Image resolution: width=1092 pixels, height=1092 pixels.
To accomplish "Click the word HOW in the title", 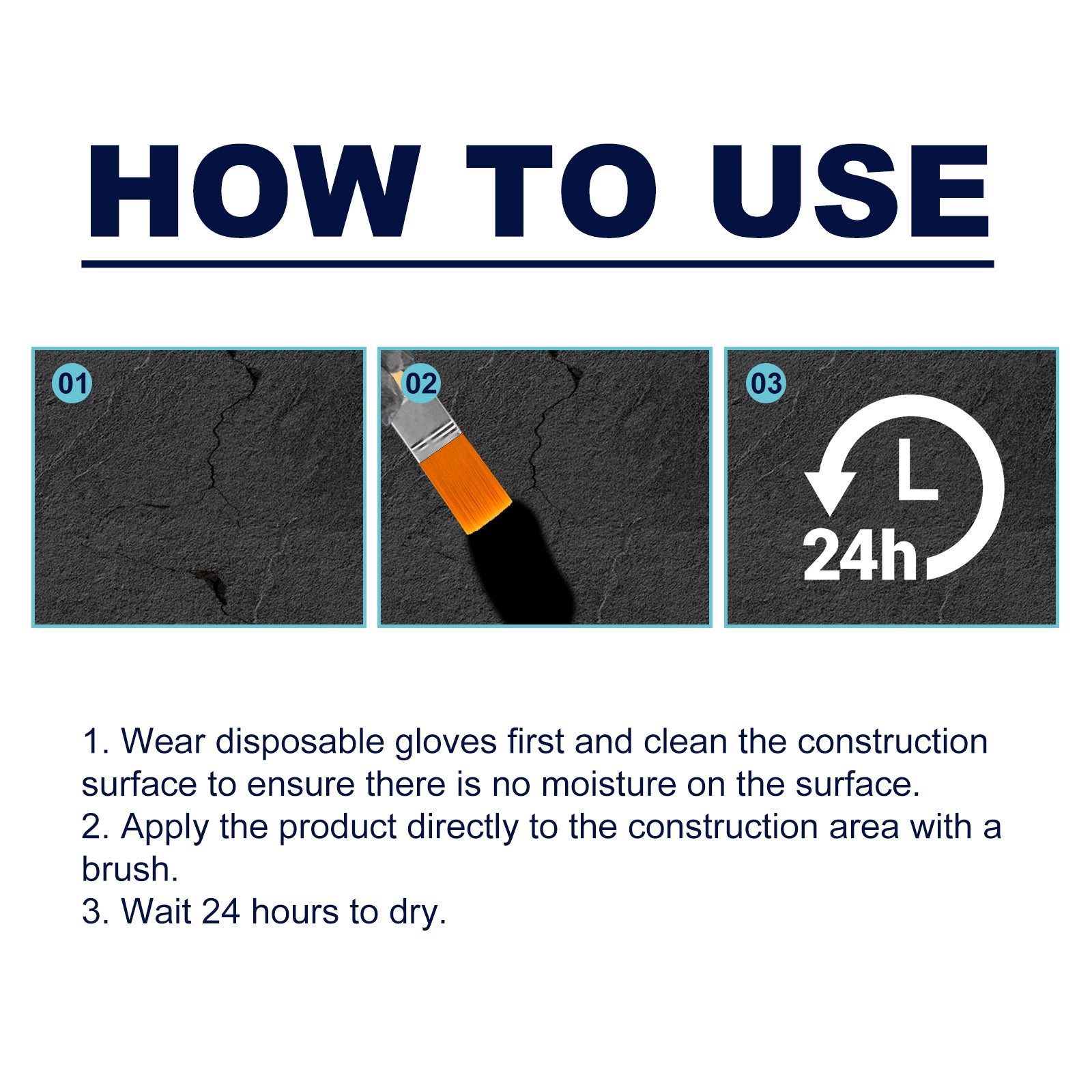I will pos(253,191).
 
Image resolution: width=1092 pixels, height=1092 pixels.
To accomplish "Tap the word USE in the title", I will pos(850,191).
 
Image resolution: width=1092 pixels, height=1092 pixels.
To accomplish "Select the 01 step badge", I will pos(72,384).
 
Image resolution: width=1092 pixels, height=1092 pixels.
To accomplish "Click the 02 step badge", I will pos(421,384).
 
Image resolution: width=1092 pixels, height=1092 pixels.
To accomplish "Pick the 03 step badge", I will pos(766,384).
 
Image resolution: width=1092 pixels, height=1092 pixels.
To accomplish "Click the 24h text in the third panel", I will pos(860,556).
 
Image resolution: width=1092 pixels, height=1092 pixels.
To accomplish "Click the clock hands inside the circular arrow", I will pos(915,471).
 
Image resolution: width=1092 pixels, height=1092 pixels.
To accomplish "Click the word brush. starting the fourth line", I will pos(130,870).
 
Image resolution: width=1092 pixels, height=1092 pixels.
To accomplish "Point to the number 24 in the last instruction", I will pos(221,912).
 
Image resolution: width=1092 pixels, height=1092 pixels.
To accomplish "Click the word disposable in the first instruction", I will pos(300,743).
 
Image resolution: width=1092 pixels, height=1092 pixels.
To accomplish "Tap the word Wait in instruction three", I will pos(156,912).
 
